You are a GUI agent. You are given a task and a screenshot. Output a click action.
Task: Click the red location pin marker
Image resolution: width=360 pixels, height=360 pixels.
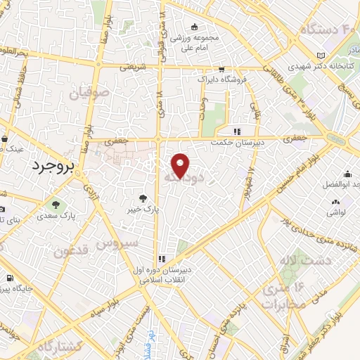(181, 165)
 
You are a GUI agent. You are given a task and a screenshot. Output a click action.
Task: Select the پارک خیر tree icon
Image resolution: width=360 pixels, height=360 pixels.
(143, 199)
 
